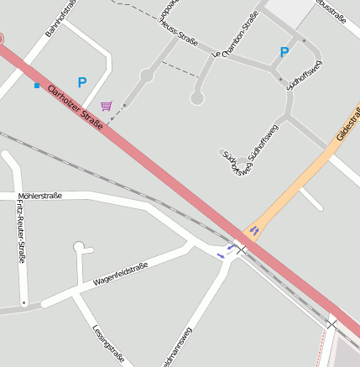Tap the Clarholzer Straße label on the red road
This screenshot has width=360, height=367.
click(x=75, y=107)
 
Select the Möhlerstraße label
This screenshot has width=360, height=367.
click(x=39, y=196)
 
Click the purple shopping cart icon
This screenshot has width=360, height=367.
click(x=106, y=106)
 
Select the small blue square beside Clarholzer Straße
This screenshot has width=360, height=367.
click(x=37, y=86)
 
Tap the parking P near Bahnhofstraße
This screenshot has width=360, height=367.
click(x=82, y=82)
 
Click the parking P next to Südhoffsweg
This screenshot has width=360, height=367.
click(x=284, y=52)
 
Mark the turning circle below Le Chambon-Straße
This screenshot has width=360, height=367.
click(x=197, y=98)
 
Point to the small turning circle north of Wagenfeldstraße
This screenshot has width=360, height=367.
click(x=79, y=247)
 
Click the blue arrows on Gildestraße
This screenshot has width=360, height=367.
click(x=254, y=230)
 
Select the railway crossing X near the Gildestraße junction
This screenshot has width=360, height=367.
click(x=242, y=249)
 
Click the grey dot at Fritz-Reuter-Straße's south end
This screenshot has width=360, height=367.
click(x=24, y=301)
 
